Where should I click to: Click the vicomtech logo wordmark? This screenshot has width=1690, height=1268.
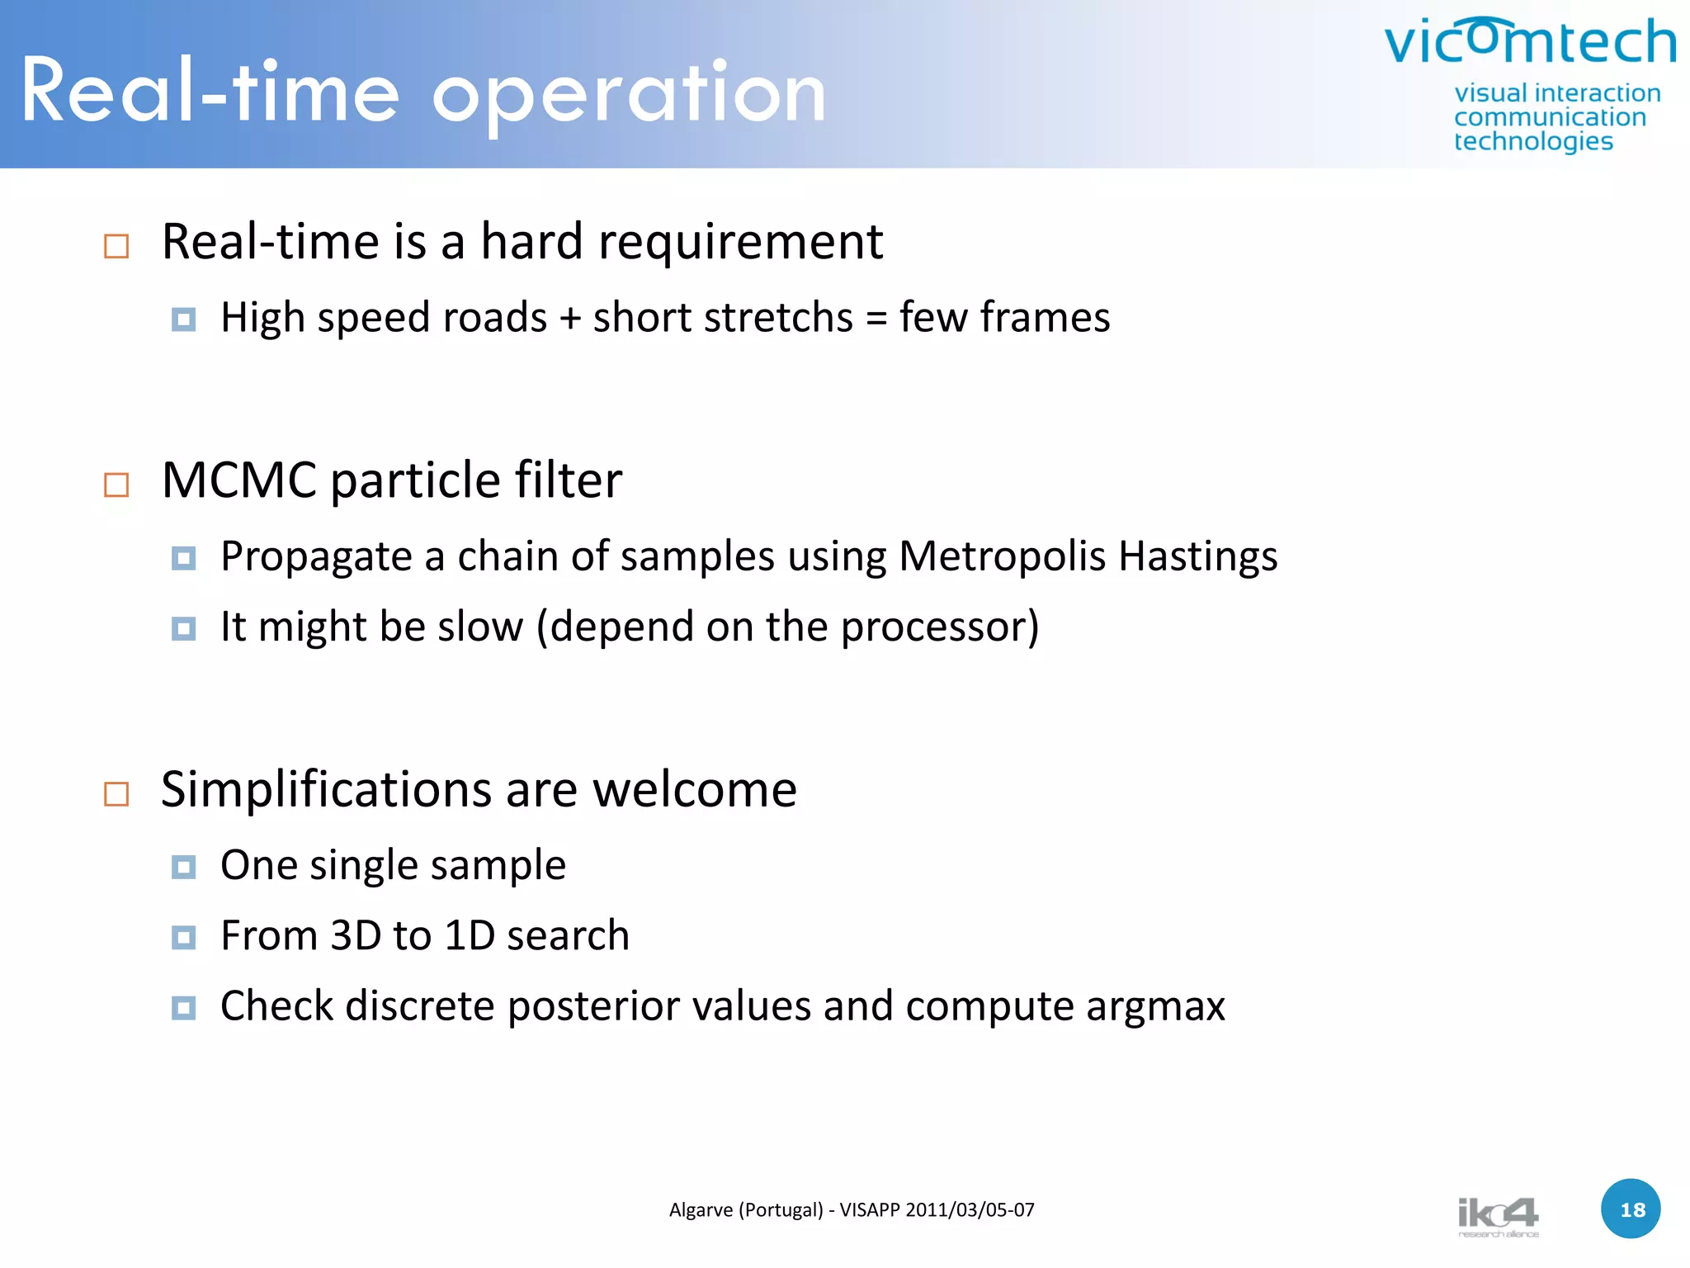(x=1530, y=41)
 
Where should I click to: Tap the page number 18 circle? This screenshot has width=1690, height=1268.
(x=1631, y=1209)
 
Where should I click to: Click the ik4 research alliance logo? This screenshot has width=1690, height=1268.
(x=1498, y=1216)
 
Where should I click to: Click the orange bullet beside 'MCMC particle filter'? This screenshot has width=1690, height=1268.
(x=116, y=485)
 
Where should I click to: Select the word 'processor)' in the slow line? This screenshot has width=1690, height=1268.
(x=940, y=627)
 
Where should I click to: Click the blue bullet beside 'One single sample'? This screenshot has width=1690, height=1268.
(x=183, y=867)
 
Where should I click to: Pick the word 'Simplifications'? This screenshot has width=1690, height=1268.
(x=326, y=790)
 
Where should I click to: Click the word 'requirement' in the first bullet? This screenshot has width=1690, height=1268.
(x=740, y=242)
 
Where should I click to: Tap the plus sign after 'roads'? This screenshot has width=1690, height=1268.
(x=569, y=319)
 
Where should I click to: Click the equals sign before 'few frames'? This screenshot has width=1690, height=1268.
(x=876, y=319)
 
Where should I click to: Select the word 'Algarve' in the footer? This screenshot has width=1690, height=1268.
(x=701, y=1210)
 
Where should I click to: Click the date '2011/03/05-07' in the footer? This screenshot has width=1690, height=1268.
(x=970, y=1210)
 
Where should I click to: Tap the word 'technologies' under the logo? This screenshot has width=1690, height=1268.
(x=1533, y=142)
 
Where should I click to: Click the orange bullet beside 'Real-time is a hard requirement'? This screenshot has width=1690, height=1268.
(x=116, y=246)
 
